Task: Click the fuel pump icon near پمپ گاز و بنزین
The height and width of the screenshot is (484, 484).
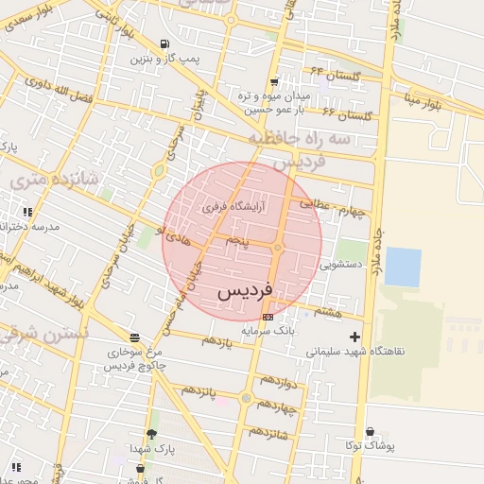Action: pos(165,44)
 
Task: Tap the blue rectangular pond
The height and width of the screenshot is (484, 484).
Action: pos(403,267)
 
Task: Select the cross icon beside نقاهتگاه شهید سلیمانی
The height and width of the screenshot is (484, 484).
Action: pos(355,336)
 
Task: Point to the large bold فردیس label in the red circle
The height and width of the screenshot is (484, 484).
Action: pos(245,291)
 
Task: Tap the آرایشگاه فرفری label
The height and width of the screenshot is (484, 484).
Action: pos(233,205)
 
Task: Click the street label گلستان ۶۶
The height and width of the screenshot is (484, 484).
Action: pos(348,113)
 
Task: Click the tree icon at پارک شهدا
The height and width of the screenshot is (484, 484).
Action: pos(151,433)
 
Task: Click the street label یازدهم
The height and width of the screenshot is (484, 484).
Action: pos(216,340)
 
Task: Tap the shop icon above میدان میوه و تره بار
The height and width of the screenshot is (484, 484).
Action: pos(274,82)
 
